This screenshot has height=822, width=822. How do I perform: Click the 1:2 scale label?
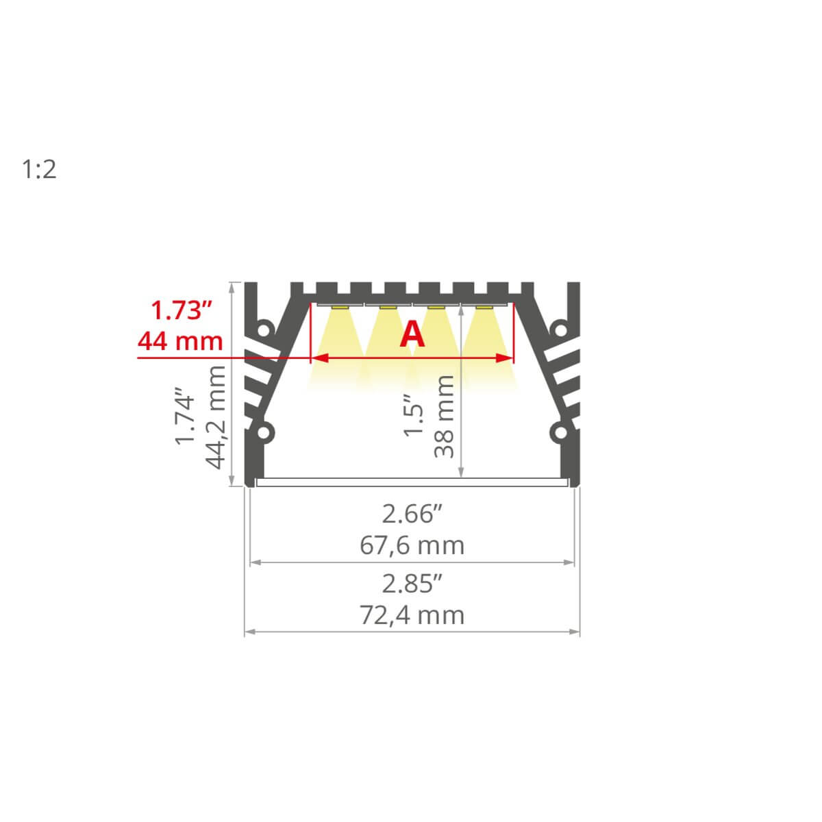39,169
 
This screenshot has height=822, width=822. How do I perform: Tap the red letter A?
412,335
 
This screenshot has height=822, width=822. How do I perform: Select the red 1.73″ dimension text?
182,310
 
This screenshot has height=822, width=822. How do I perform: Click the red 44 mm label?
180,341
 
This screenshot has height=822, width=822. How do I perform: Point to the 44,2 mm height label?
215,417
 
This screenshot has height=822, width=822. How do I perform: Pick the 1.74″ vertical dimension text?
185,416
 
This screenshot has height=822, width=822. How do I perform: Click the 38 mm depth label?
444,416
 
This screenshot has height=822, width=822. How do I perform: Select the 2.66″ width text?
412,514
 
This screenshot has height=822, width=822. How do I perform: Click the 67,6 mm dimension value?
412,545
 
